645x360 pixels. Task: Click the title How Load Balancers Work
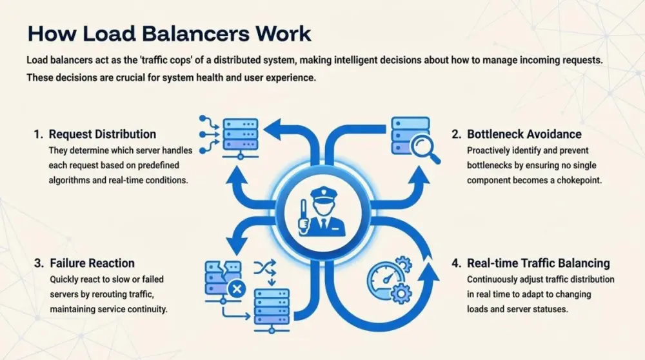(x=169, y=34)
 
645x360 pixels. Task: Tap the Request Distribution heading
(x=103, y=134)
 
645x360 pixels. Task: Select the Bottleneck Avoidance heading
(x=524, y=134)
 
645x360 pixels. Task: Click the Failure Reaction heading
(x=92, y=263)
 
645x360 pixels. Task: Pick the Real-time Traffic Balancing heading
(x=538, y=263)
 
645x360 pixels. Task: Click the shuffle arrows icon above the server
(x=264, y=270)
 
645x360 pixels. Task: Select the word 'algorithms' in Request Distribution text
(x=70, y=181)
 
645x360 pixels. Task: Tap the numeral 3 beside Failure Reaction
(x=38, y=263)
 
